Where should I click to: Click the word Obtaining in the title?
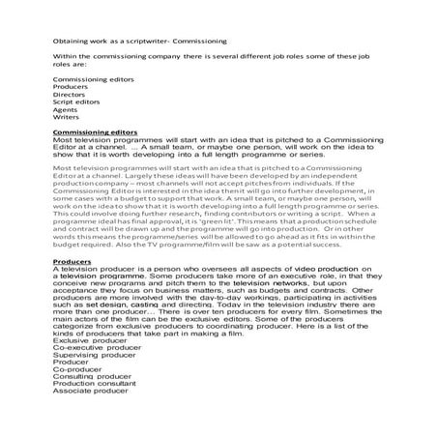69,43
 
